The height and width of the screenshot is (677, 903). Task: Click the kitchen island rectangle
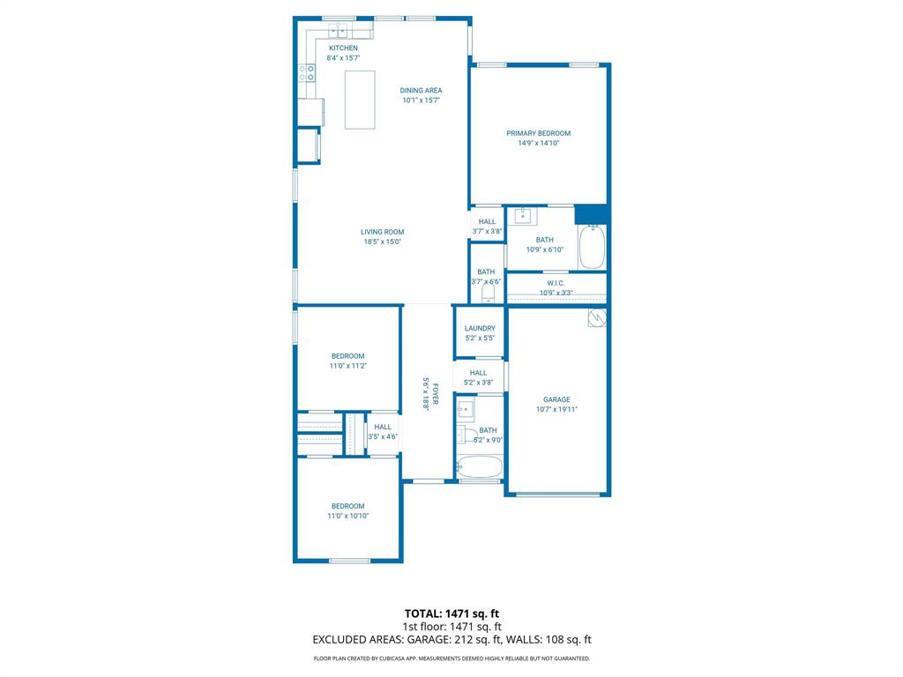pyautogui.click(x=360, y=100)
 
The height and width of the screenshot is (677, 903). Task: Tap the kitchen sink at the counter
pyautogui.click(x=338, y=31)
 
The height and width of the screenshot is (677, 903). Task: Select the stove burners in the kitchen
pyautogui.click(x=306, y=73)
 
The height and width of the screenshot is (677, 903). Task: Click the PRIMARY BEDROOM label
pyautogui.click(x=539, y=133)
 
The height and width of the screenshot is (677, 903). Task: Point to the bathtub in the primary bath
pyautogui.click(x=592, y=247)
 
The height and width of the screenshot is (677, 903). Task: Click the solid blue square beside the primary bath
pyautogui.click(x=592, y=215)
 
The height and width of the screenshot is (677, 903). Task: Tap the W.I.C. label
pyautogui.click(x=556, y=283)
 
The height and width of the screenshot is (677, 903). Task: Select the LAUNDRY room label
pyautogui.click(x=480, y=328)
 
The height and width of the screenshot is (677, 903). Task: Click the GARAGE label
pyautogui.click(x=557, y=399)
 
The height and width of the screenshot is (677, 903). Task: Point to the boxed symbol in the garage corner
pyautogui.click(x=597, y=317)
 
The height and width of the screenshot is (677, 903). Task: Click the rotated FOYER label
pyautogui.click(x=436, y=394)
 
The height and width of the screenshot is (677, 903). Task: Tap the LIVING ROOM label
pyautogui.click(x=383, y=232)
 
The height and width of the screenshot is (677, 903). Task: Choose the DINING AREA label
pyautogui.click(x=421, y=91)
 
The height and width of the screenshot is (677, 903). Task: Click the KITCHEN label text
pyautogui.click(x=343, y=48)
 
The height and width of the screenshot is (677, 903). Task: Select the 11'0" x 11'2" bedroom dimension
pyautogui.click(x=347, y=366)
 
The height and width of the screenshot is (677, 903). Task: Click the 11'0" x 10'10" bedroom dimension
pyautogui.click(x=347, y=516)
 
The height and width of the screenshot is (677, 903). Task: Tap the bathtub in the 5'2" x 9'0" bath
pyautogui.click(x=480, y=467)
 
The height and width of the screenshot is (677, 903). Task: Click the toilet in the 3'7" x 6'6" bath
pyautogui.click(x=488, y=294)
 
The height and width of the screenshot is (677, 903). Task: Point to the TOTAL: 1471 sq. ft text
pyautogui.click(x=451, y=614)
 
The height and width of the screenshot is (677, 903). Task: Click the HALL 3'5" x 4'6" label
pyautogui.click(x=383, y=432)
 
